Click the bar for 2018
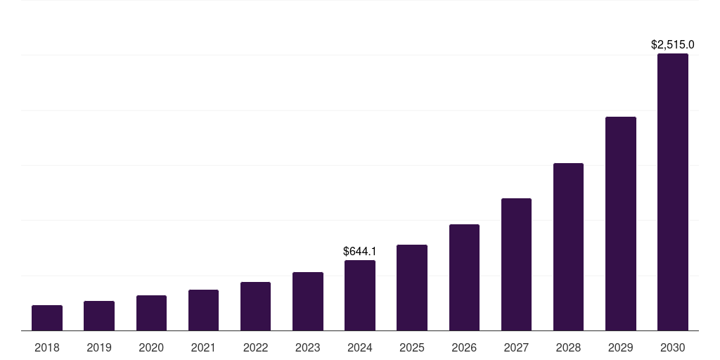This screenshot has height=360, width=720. tap(47, 318)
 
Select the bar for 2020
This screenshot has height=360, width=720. tap(151, 313)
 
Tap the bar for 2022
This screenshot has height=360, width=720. tap(255, 306)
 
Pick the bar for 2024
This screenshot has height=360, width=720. tap(360, 295)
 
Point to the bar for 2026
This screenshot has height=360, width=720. tap(464, 277)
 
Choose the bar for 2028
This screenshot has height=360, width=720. tap(568, 247)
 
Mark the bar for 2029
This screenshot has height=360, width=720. tap(620, 224)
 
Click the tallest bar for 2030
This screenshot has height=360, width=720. tap(672, 192)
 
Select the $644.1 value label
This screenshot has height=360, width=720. tap(360, 251)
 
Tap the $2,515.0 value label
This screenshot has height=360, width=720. tap(672, 44)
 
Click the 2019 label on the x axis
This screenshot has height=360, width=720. tap(99, 347)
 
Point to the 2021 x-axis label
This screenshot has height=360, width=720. tap(203, 347)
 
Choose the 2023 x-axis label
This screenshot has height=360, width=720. tap(307, 347)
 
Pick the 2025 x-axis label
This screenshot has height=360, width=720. tap(412, 347)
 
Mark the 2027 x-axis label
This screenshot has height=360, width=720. tap(516, 347)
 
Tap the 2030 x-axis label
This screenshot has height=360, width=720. tap(672, 347)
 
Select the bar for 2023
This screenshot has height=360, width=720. tap(307, 301)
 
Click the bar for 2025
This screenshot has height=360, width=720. tap(412, 288)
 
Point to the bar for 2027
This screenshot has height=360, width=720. tap(516, 264)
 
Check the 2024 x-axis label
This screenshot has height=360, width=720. tap(360, 347)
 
